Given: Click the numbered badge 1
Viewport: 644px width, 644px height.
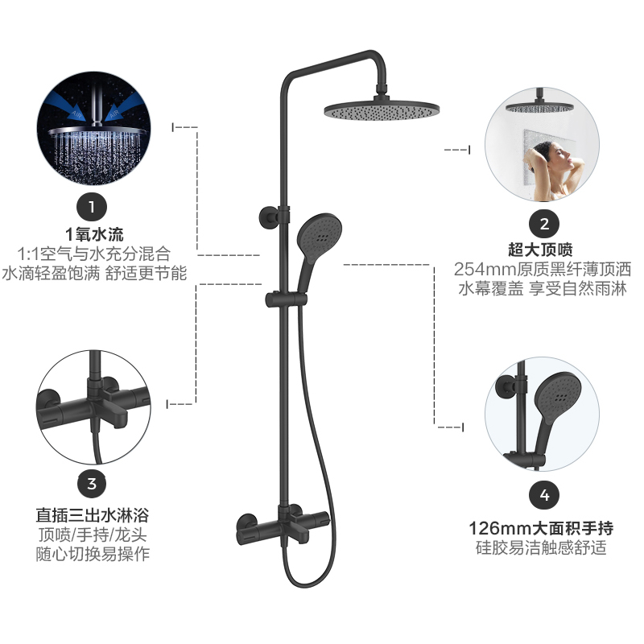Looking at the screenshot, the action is coord(92,207).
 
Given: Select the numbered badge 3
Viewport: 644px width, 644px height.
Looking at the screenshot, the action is coord(92,484).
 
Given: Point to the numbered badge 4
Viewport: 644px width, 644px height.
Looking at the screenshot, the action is coord(544,494).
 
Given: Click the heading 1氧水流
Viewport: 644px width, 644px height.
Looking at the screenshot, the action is coord(94,235).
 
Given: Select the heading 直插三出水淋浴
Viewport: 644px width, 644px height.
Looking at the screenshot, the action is coord(93,513).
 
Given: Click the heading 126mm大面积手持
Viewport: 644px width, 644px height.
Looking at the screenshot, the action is coord(541,528).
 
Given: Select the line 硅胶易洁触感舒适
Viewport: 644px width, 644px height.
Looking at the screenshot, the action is coord(541,549).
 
